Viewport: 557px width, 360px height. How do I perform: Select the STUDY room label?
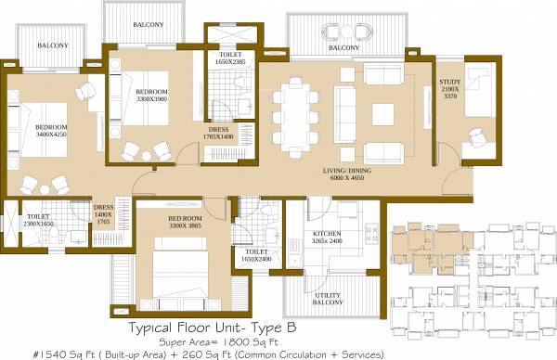point(450,83)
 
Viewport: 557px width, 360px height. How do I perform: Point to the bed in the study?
point(480,96)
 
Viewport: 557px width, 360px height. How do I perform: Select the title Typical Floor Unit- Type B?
point(218,327)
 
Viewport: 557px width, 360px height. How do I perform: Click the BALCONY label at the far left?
point(52,45)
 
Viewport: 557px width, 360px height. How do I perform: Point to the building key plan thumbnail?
point(470,274)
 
